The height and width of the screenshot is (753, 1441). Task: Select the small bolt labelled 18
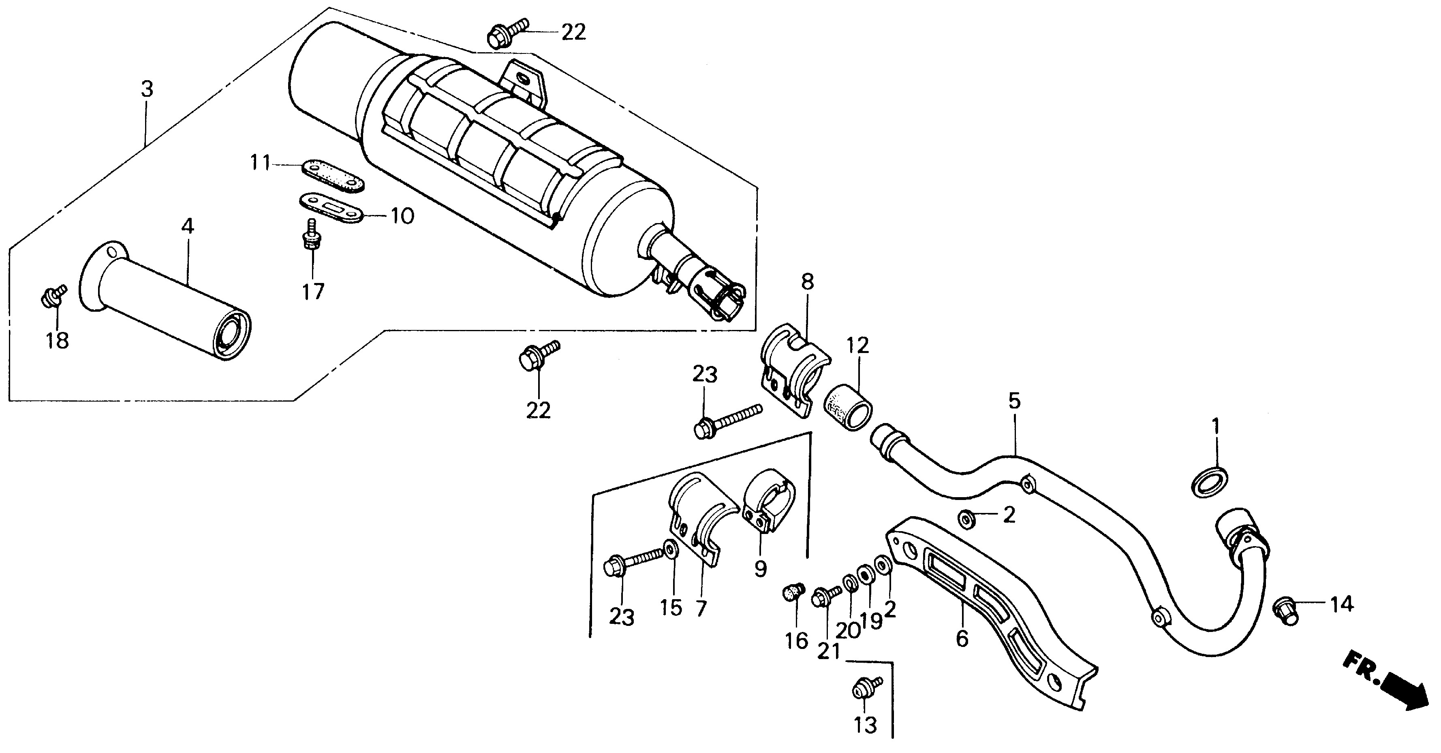tap(52, 297)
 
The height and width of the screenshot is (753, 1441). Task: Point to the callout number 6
tap(962, 638)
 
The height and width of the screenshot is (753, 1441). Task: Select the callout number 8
tap(807, 282)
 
